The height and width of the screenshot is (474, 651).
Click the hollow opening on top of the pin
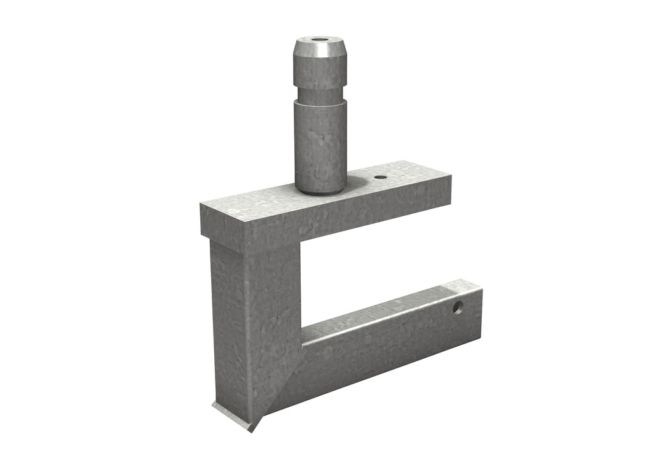(320, 41)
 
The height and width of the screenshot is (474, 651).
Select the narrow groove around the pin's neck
(320, 97)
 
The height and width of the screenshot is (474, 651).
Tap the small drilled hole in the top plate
(380, 177)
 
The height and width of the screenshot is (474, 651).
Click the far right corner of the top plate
(450, 176)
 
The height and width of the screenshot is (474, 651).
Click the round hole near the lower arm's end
(457, 307)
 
